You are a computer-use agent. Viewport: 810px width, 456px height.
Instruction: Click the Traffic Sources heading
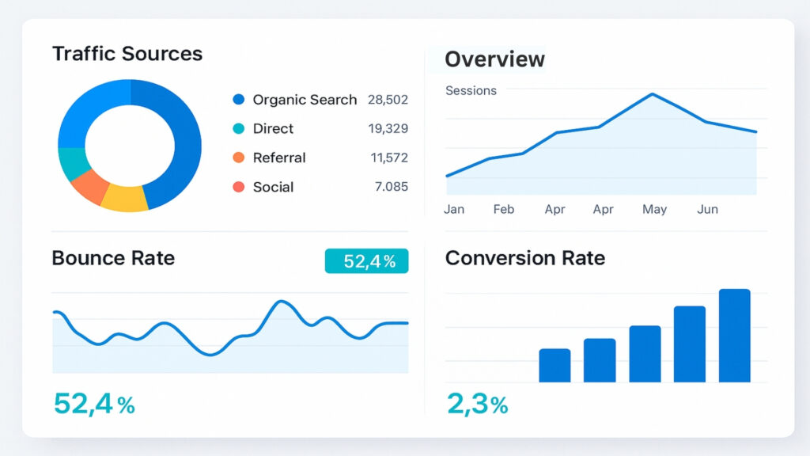[127, 54]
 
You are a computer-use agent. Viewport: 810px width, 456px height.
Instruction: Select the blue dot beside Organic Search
[239, 100]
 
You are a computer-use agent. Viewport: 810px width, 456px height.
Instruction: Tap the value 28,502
[388, 100]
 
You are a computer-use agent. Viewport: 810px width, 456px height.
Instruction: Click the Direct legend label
[273, 129]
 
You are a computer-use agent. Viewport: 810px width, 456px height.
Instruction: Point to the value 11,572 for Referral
[389, 158]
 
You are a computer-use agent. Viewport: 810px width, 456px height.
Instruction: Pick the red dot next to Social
[239, 187]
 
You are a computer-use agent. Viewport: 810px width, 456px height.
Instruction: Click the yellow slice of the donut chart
[125, 197]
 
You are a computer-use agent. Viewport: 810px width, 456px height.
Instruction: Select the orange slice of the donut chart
[89, 186]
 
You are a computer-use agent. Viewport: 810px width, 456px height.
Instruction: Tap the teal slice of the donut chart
[72, 163]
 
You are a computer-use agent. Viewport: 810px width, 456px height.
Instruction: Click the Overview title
[494, 59]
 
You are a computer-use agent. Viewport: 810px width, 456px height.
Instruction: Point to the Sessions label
[471, 91]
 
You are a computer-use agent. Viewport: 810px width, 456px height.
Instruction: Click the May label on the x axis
[654, 210]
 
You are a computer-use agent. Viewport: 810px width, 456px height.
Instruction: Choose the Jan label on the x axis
[454, 210]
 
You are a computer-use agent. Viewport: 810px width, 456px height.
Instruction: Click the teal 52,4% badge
[366, 261]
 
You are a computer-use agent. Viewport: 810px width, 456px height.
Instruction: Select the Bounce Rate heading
[113, 258]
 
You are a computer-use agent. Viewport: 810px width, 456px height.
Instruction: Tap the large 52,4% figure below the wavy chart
[94, 405]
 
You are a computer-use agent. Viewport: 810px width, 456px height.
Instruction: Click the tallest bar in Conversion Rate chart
[734, 336]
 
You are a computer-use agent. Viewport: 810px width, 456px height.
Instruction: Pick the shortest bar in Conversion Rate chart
[555, 365]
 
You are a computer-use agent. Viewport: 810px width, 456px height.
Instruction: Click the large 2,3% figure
[477, 405]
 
